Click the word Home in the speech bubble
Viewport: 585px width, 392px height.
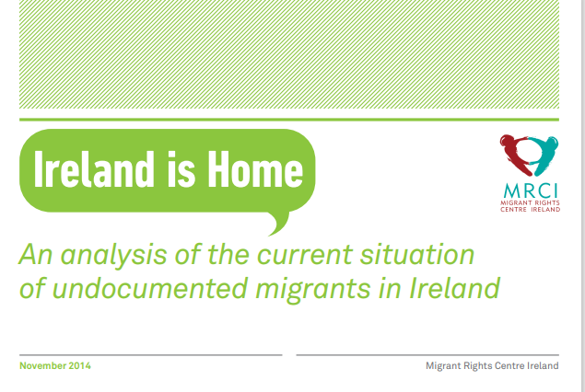pyautogui.click(x=255, y=169)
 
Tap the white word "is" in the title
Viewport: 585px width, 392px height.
pyautogui.click(x=181, y=169)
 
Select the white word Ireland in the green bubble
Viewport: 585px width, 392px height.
pyautogui.click(x=94, y=169)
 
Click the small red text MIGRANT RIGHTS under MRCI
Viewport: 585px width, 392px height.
pyautogui.click(x=530, y=202)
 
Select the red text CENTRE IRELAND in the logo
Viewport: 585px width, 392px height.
pyautogui.click(x=530, y=210)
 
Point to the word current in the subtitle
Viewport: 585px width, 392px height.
pyautogui.click(x=305, y=255)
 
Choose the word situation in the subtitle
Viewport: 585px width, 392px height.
pyautogui.click(x=417, y=255)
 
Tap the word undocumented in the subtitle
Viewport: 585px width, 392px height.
pyautogui.click(x=149, y=288)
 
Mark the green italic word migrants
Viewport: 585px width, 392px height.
pyautogui.click(x=313, y=290)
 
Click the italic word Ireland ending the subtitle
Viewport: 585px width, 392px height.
pyautogui.click(x=454, y=288)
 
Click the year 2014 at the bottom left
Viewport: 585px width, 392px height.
pyautogui.click(x=79, y=366)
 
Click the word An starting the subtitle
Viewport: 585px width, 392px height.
pyautogui.click(x=36, y=255)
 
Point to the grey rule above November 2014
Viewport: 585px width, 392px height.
pyautogui.click(x=151, y=355)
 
